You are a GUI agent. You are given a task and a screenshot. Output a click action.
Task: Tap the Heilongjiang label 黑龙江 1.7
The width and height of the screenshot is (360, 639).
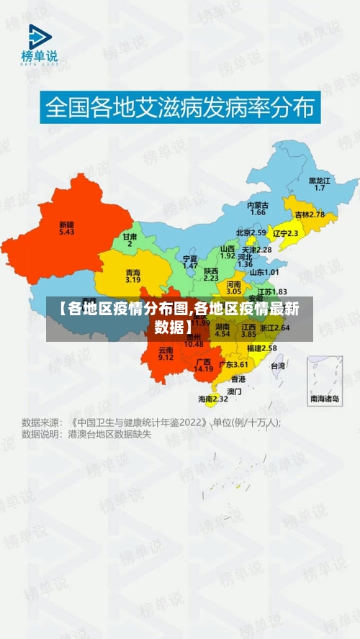pos(320,183)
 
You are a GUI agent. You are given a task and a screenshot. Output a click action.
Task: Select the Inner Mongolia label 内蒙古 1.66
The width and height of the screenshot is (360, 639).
pos(258,209)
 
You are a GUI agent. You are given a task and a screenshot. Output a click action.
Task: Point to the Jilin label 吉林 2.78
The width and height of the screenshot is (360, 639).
pos(310,214)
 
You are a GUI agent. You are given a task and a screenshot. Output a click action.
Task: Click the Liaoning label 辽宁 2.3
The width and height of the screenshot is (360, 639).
pos(285,233)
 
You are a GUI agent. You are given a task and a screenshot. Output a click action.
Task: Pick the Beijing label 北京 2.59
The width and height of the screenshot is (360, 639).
pos(251,232)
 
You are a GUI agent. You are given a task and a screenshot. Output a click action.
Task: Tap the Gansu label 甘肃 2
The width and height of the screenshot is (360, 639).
pos(130,240)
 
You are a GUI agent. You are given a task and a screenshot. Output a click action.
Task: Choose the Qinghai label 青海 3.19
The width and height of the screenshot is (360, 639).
pos(133,276)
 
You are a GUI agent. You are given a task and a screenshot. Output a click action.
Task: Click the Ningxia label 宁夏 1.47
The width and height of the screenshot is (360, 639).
pos(190,261)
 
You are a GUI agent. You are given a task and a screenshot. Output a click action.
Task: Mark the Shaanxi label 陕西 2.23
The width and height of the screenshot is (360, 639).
pos(211,273)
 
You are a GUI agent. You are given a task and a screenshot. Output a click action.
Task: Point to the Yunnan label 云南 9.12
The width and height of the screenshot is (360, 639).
pos(166,353)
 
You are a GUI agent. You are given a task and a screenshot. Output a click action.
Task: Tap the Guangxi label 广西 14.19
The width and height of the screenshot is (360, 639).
pos(204,365)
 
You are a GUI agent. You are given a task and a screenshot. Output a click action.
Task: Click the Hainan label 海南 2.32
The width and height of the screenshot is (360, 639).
pos(213,398)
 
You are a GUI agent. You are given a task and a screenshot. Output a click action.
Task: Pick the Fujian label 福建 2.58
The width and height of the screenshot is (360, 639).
pos(261,348)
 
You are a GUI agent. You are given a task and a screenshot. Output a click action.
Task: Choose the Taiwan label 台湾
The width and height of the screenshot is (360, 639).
pos(277,366)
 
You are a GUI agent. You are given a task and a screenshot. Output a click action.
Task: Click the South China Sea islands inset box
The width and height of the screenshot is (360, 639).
pos(325,381)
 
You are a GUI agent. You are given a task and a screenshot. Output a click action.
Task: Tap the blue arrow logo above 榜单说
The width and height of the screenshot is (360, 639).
pos(40,37)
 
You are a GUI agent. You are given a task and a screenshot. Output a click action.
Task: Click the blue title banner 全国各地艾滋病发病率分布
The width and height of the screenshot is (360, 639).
pos(180,109)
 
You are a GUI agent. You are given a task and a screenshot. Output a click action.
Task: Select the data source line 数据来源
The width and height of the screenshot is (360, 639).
pos(151,422)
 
